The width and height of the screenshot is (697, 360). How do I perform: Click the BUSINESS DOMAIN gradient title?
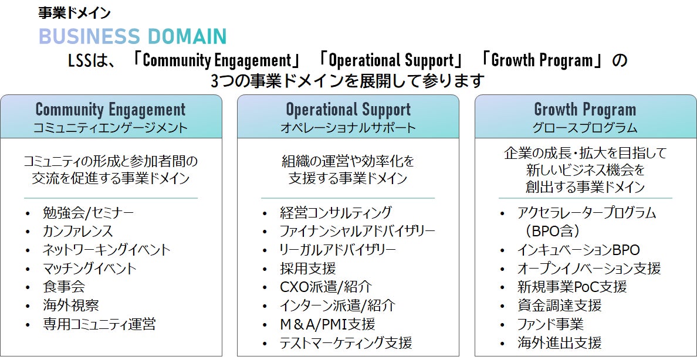click(133, 36)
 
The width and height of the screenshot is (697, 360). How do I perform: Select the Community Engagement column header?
click(111, 117)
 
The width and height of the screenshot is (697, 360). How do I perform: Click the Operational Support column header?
click(348, 117)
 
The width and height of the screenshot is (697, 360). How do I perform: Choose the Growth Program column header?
click(585, 117)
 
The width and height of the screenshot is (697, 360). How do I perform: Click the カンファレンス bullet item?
click(77, 232)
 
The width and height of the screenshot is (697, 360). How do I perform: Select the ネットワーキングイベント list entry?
click(106, 250)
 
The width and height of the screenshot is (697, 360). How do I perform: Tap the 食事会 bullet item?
click(63, 287)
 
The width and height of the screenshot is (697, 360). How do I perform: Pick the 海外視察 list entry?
click(70, 305)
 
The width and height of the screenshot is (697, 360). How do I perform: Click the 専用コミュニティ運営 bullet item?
click(99, 324)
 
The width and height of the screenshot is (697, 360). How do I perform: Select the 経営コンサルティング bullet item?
click(336, 213)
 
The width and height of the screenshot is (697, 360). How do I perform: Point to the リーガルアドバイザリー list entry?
click(337, 250)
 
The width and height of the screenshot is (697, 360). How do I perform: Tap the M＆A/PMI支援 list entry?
click(327, 324)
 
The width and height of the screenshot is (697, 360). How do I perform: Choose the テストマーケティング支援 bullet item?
click(346, 342)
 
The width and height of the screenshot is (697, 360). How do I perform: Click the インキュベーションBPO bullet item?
click(578, 250)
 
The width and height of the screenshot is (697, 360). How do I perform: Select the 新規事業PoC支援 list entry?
click(571, 287)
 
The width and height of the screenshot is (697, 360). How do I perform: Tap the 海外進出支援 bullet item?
click(559, 342)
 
